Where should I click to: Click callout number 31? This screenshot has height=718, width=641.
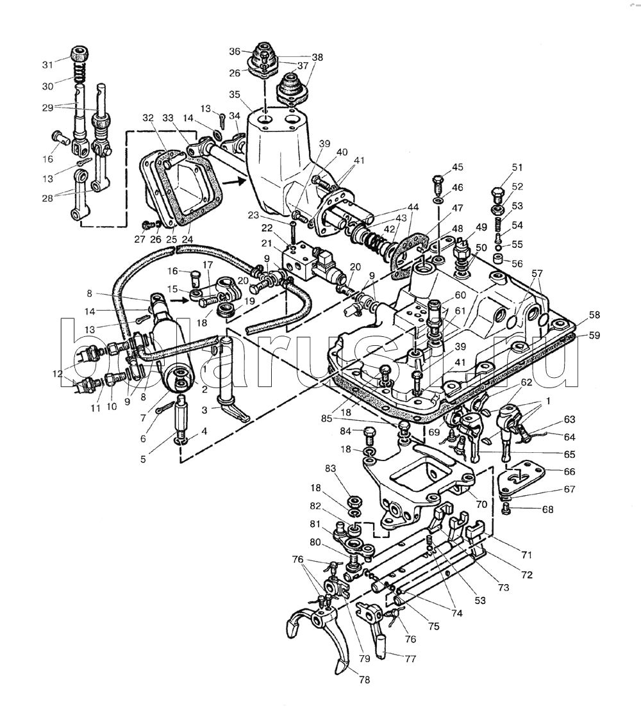(49, 65)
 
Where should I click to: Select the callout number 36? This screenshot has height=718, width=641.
(235, 51)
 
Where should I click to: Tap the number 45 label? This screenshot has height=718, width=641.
(457, 167)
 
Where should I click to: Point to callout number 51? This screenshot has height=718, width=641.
(517, 167)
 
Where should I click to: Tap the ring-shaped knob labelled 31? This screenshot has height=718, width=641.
(80, 53)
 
